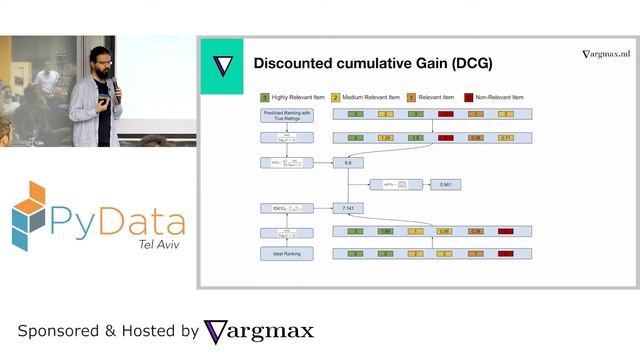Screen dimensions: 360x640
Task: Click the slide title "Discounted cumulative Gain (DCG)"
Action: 372,64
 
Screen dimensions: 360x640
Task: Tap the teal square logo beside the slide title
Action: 222,66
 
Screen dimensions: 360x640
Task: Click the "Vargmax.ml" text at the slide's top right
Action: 607,54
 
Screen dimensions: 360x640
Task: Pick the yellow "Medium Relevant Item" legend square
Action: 337,98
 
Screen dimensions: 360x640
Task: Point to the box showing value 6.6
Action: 347,161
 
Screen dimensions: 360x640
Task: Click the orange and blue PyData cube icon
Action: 30,215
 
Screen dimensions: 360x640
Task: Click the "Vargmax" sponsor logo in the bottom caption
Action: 259,331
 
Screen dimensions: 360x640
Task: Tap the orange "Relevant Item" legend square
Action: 410,98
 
